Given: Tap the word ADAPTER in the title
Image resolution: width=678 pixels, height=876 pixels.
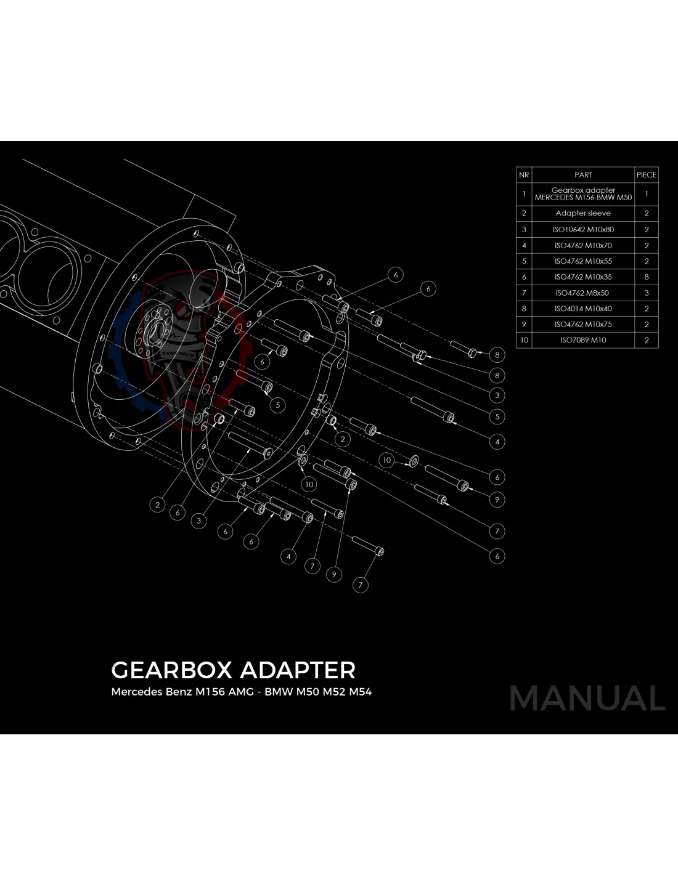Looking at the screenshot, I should [298, 670].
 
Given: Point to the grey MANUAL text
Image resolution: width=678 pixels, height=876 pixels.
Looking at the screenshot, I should [587, 699].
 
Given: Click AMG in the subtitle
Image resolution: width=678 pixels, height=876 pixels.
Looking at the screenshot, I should [241, 692].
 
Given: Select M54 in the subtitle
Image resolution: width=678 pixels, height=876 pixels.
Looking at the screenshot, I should [361, 692].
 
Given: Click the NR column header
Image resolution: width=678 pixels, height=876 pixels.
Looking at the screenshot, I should [524, 175].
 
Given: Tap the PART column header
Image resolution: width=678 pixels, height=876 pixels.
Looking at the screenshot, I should [583, 175].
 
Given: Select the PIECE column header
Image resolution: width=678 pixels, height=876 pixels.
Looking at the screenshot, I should [647, 175].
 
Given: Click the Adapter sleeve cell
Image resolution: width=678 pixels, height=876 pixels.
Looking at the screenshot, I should [583, 213].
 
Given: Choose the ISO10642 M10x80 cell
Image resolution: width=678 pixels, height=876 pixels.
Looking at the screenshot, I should [583, 229].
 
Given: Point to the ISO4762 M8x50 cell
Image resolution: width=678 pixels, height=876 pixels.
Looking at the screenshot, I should [583, 293].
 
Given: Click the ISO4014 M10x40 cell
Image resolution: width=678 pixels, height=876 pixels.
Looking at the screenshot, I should [583, 309].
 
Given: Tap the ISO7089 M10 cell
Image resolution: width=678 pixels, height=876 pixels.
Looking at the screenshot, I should [583, 340].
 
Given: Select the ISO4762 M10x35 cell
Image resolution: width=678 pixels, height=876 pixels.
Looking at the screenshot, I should [583, 277].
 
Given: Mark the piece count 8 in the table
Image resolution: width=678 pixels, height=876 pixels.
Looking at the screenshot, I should [647, 277].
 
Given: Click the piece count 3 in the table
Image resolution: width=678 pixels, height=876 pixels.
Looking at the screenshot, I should [647, 293].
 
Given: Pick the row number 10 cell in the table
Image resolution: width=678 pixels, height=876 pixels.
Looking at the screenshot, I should [524, 340].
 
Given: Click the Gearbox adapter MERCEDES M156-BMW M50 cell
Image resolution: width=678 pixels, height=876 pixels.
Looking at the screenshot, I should [583, 194].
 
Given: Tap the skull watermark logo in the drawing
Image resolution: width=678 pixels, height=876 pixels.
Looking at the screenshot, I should [176, 345].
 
